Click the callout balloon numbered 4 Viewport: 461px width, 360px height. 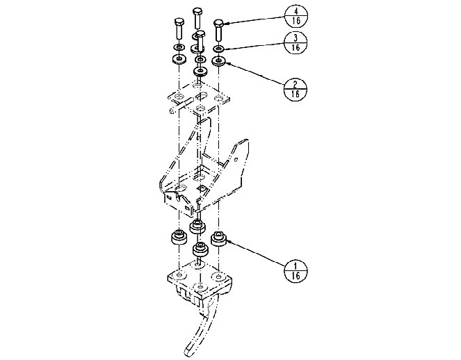pyautogui.click(x=296, y=16)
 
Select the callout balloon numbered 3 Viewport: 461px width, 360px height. pyautogui.click(x=296, y=42)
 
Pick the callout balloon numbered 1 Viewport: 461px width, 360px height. pyautogui.click(x=296, y=271)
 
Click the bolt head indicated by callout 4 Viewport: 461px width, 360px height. pyautogui.click(x=218, y=23)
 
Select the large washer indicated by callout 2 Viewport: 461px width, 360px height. pyautogui.click(x=219, y=61)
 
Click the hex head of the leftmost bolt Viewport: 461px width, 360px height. pyautogui.click(x=179, y=22)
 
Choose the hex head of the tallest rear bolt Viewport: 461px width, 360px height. pyautogui.click(x=197, y=13)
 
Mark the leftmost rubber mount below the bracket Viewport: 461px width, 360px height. pyautogui.click(x=179, y=238)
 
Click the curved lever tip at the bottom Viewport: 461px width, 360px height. pyautogui.click(x=189, y=351)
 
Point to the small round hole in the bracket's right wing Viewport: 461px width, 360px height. pyautogui.click(x=237, y=160)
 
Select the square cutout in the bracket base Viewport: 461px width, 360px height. pyautogui.click(x=201, y=188)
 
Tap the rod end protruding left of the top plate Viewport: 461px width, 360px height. pyautogui.click(x=172, y=111)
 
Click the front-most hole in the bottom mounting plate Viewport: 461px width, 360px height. pyautogui.click(x=200, y=286)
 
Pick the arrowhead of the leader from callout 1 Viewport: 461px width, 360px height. pyautogui.click(x=228, y=242)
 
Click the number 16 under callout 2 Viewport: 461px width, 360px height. pyautogui.click(x=296, y=95)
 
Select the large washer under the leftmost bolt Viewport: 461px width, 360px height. pyautogui.click(x=179, y=59)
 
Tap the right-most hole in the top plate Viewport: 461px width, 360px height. pyautogui.click(x=218, y=98)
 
